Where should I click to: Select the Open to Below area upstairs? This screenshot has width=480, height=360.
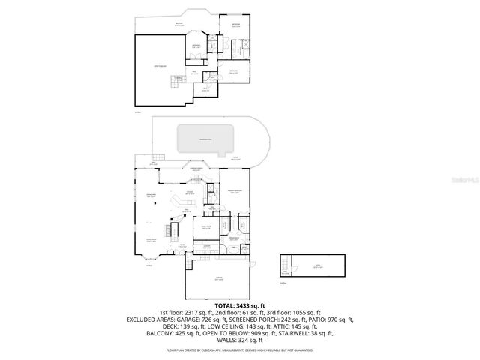159,70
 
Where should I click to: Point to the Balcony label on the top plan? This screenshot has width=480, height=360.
178,25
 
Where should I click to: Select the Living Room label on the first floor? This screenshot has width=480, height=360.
150,241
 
